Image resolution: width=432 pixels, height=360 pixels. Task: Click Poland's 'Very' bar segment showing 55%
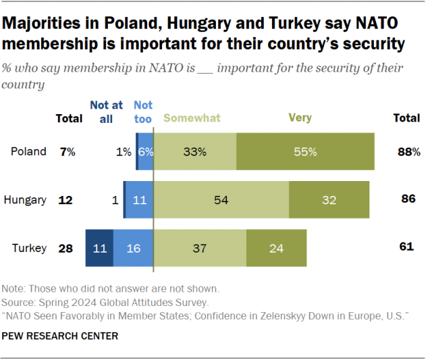point(305,152)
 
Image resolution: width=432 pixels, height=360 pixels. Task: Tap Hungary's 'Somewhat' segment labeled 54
point(221,200)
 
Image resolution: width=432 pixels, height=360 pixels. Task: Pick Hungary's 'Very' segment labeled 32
point(329,200)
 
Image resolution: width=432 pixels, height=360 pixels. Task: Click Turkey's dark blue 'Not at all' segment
point(99,248)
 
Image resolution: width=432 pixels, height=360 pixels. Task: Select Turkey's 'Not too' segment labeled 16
point(133,248)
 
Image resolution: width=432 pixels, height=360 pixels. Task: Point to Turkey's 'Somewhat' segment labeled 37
point(200,248)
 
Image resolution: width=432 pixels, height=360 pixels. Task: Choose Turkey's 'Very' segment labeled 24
point(276,248)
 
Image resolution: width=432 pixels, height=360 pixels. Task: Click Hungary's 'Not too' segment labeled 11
point(139,200)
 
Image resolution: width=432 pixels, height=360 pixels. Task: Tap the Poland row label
point(28,152)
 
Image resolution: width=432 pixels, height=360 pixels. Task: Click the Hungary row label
point(25,200)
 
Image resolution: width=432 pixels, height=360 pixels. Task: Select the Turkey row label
point(29,248)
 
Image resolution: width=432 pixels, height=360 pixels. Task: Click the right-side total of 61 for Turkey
point(406,247)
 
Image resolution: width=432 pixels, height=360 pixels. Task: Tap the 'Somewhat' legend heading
point(192,118)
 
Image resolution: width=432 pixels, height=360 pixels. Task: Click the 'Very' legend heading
point(300,118)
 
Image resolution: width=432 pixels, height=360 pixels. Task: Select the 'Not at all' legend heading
point(107,111)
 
